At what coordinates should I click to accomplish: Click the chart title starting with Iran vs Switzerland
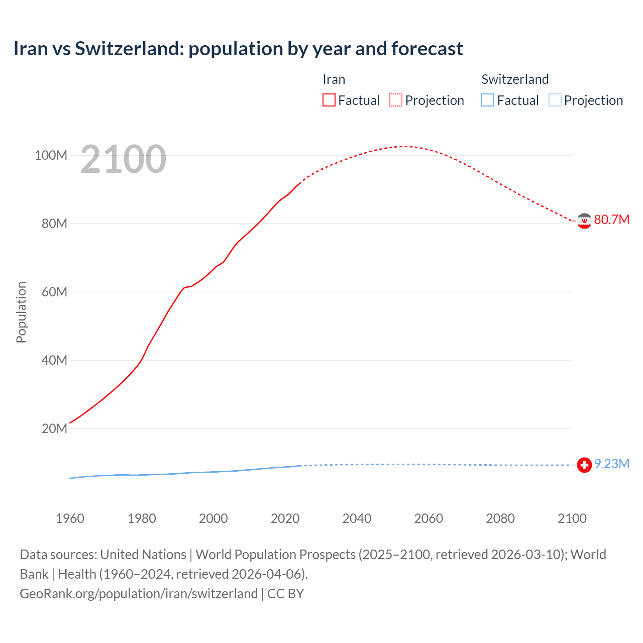(238, 49)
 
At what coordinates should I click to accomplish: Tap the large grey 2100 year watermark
(123, 159)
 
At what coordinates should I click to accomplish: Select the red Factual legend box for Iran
(329, 100)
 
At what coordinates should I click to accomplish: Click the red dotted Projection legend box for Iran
(396, 100)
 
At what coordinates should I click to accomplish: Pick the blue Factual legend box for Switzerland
(488, 100)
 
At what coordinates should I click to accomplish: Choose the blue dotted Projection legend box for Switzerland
(555, 100)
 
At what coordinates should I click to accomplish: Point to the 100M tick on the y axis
(51, 155)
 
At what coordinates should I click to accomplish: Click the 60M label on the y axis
(54, 292)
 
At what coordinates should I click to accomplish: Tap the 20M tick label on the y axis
(54, 428)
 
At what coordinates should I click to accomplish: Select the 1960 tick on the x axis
(70, 518)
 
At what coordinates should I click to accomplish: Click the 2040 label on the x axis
(357, 518)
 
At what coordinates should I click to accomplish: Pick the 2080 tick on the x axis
(500, 518)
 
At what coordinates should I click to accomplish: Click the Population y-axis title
(21, 312)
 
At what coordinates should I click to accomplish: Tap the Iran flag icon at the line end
(584, 221)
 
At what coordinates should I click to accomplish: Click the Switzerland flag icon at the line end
(584, 465)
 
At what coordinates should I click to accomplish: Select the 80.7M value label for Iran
(611, 220)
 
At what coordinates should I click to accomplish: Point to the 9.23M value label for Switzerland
(611, 464)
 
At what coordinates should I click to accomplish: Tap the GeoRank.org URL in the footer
(139, 593)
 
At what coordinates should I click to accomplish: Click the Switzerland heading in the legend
(515, 79)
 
